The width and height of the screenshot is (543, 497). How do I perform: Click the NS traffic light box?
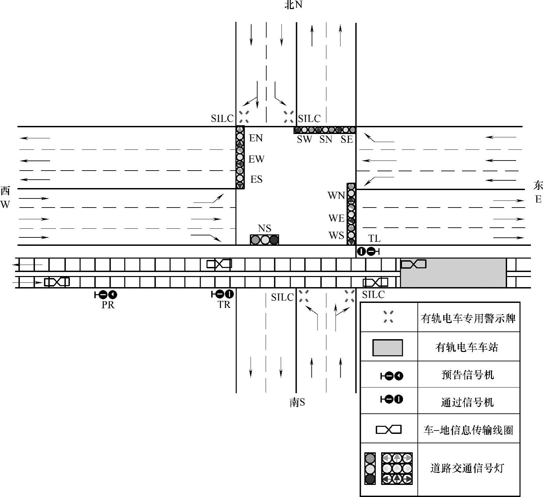(264, 239)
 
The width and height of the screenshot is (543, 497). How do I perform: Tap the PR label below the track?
(108, 305)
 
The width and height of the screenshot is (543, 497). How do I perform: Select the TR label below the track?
(224, 305)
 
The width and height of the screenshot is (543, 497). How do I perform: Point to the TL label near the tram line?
(374, 238)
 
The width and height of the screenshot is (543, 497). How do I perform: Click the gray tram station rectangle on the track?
(453, 273)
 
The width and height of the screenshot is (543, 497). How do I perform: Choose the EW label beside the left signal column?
(256, 159)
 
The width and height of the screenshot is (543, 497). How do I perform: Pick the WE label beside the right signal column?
(337, 218)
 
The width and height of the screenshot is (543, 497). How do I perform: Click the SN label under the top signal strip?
(326, 139)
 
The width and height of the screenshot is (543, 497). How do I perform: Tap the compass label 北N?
(293, 5)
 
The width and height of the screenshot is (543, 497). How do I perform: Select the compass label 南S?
(297, 402)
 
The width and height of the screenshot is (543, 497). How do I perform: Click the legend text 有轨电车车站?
(466, 347)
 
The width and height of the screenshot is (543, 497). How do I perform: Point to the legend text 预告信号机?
(467, 375)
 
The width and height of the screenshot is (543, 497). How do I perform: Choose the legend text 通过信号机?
(467, 402)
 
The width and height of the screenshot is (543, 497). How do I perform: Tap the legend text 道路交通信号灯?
(467, 468)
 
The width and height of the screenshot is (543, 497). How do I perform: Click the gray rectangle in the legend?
(388, 348)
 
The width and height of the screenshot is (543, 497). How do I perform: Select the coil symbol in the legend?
(389, 430)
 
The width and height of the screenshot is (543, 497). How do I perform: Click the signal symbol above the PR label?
(106, 295)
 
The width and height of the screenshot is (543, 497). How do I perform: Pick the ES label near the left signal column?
(256, 179)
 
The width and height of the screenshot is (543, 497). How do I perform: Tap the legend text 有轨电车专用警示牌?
(468, 318)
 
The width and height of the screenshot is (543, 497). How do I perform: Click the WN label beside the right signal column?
(336, 195)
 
